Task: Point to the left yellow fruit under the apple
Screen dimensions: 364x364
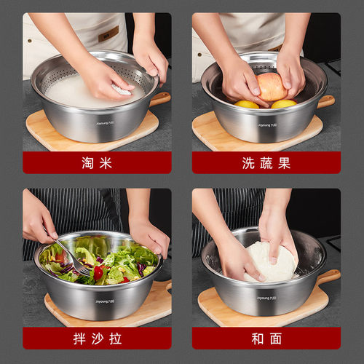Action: click(247, 104)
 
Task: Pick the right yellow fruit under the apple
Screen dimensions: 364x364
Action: click(283, 104)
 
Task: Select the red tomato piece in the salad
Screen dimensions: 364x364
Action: click(98, 272)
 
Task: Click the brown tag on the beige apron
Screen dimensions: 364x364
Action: click(108, 33)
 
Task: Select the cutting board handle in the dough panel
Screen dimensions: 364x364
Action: click(329, 277)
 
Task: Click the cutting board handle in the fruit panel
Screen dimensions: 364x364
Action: click(325, 101)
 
